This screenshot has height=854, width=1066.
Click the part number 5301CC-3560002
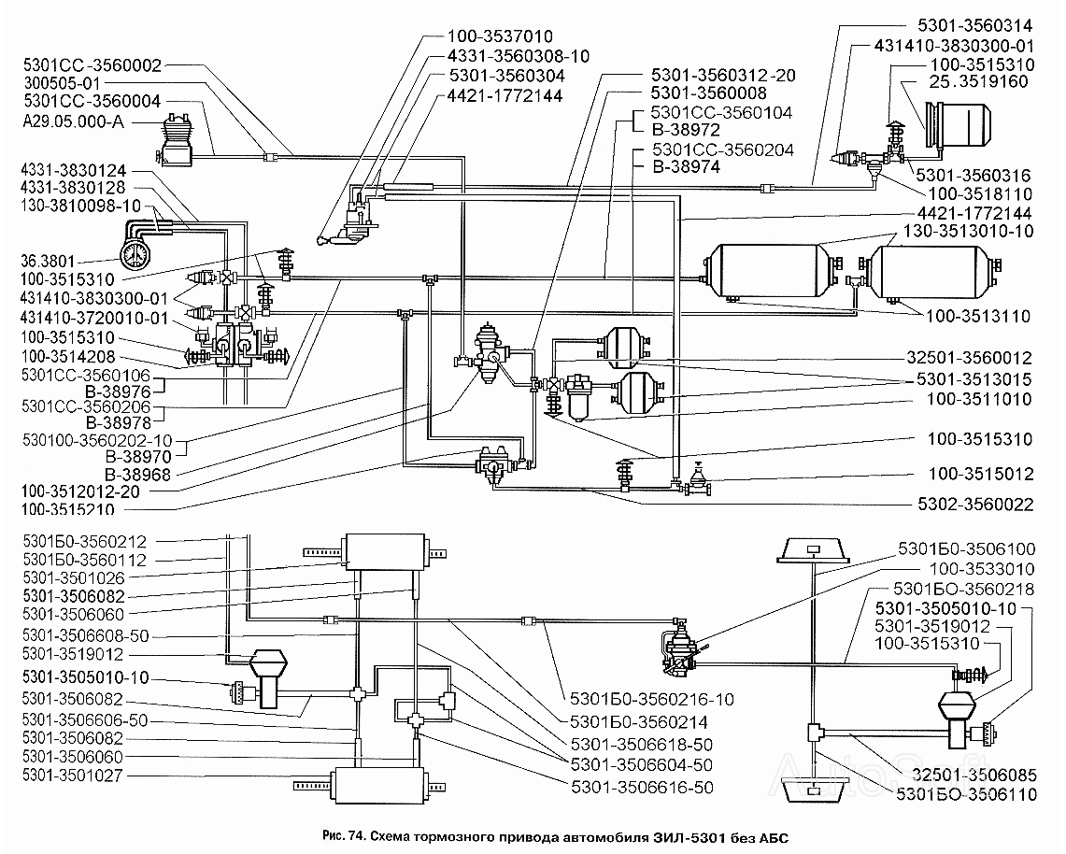point(92,65)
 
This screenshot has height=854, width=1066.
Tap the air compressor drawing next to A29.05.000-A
point(176,139)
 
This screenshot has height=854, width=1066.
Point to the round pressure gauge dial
point(136,253)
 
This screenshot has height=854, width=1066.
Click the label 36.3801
point(48,261)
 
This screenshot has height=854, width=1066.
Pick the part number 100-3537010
point(500,36)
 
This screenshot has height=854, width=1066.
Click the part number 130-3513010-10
point(968,231)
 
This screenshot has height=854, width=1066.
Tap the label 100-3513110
point(977,316)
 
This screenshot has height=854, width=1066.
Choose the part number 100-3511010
point(979,399)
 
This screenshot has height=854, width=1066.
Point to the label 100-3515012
point(980,474)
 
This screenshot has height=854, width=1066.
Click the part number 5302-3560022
point(975,505)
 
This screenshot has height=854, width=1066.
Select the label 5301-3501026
point(74,578)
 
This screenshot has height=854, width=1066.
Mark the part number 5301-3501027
point(73,776)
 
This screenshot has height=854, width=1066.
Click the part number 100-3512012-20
point(80,491)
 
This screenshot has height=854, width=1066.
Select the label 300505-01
point(62,83)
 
